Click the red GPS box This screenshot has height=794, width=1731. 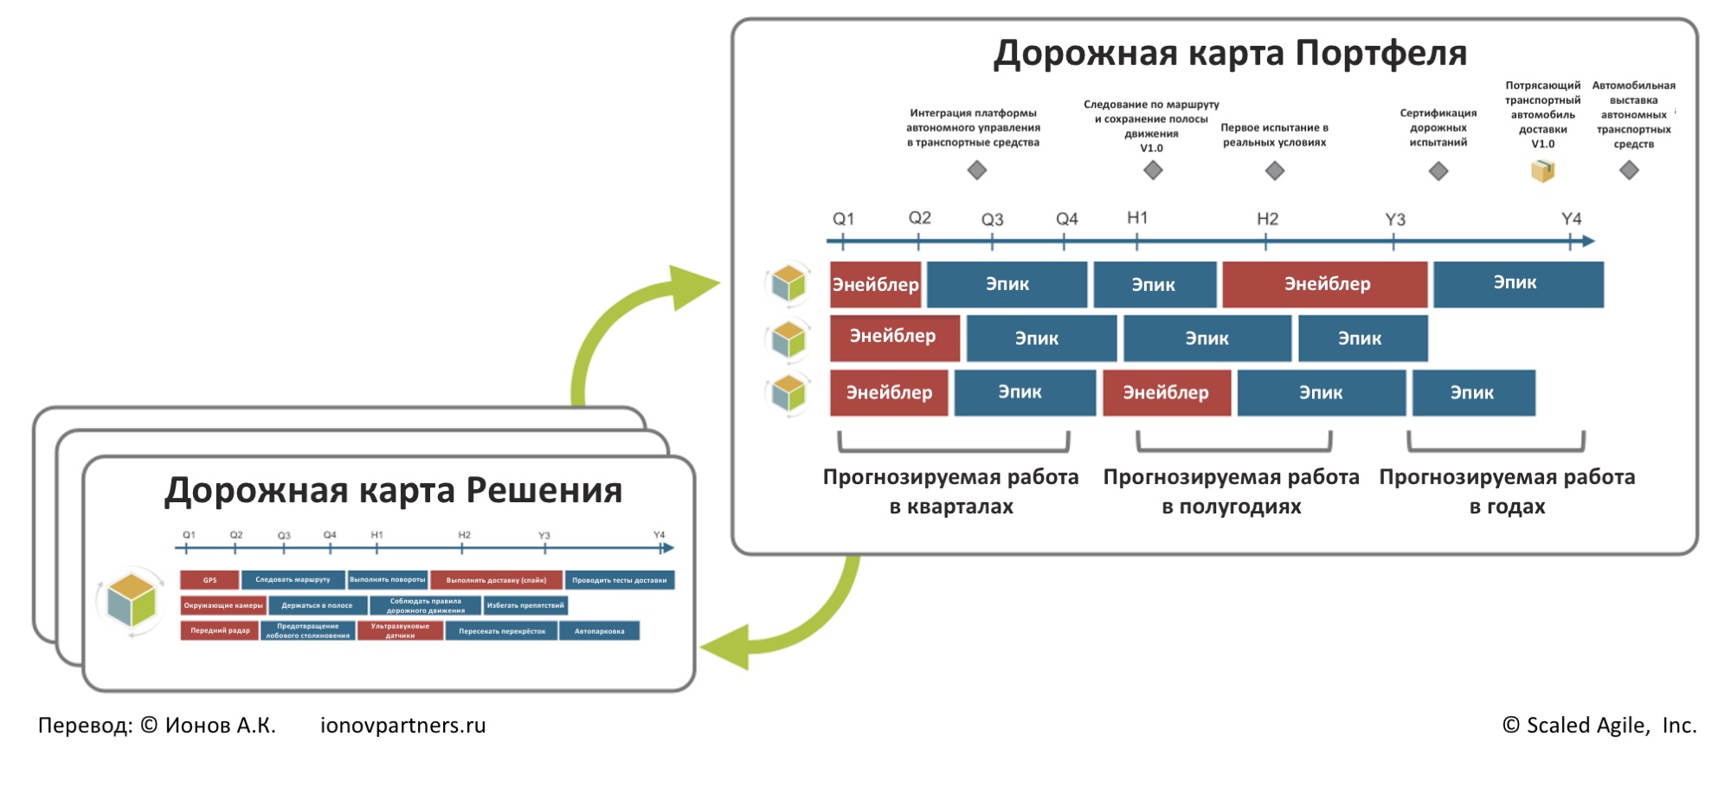pyautogui.click(x=209, y=580)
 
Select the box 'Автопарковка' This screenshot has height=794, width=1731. pyautogui.click(x=599, y=631)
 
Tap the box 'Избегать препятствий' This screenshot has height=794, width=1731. pyautogui.click(x=525, y=605)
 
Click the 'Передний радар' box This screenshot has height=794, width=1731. pyautogui.click(x=220, y=631)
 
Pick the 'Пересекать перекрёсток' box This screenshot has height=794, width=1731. pyautogui.click(x=502, y=631)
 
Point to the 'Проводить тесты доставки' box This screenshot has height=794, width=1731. pyautogui.click(x=619, y=580)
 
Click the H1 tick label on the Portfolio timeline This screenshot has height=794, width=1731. pyautogui.click(x=1137, y=218)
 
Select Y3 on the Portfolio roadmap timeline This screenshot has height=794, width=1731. pyautogui.click(x=1394, y=220)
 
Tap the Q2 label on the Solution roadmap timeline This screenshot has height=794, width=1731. pyautogui.click(x=236, y=535)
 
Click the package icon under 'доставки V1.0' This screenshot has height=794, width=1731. pyautogui.click(x=1542, y=171)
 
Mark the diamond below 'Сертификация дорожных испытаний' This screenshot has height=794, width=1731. pyautogui.click(x=1438, y=171)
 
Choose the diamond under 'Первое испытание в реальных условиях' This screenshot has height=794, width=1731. pyautogui.click(x=1275, y=171)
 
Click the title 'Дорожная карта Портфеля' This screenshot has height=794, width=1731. pyautogui.click(x=1230, y=54)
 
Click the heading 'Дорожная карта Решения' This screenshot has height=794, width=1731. pyautogui.click(x=394, y=491)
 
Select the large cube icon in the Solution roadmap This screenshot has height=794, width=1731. pyautogui.click(x=132, y=600)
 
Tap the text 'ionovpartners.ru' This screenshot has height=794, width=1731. pyautogui.click(x=403, y=726)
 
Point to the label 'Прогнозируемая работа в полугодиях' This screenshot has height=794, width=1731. pyautogui.click(x=1232, y=492)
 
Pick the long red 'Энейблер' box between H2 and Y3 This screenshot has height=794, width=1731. pyautogui.click(x=1325, y=284)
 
